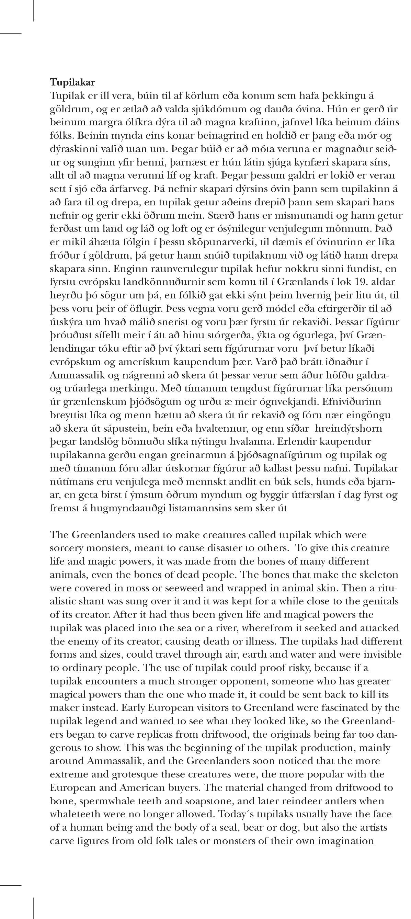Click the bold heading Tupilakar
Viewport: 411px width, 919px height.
(72, 83)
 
